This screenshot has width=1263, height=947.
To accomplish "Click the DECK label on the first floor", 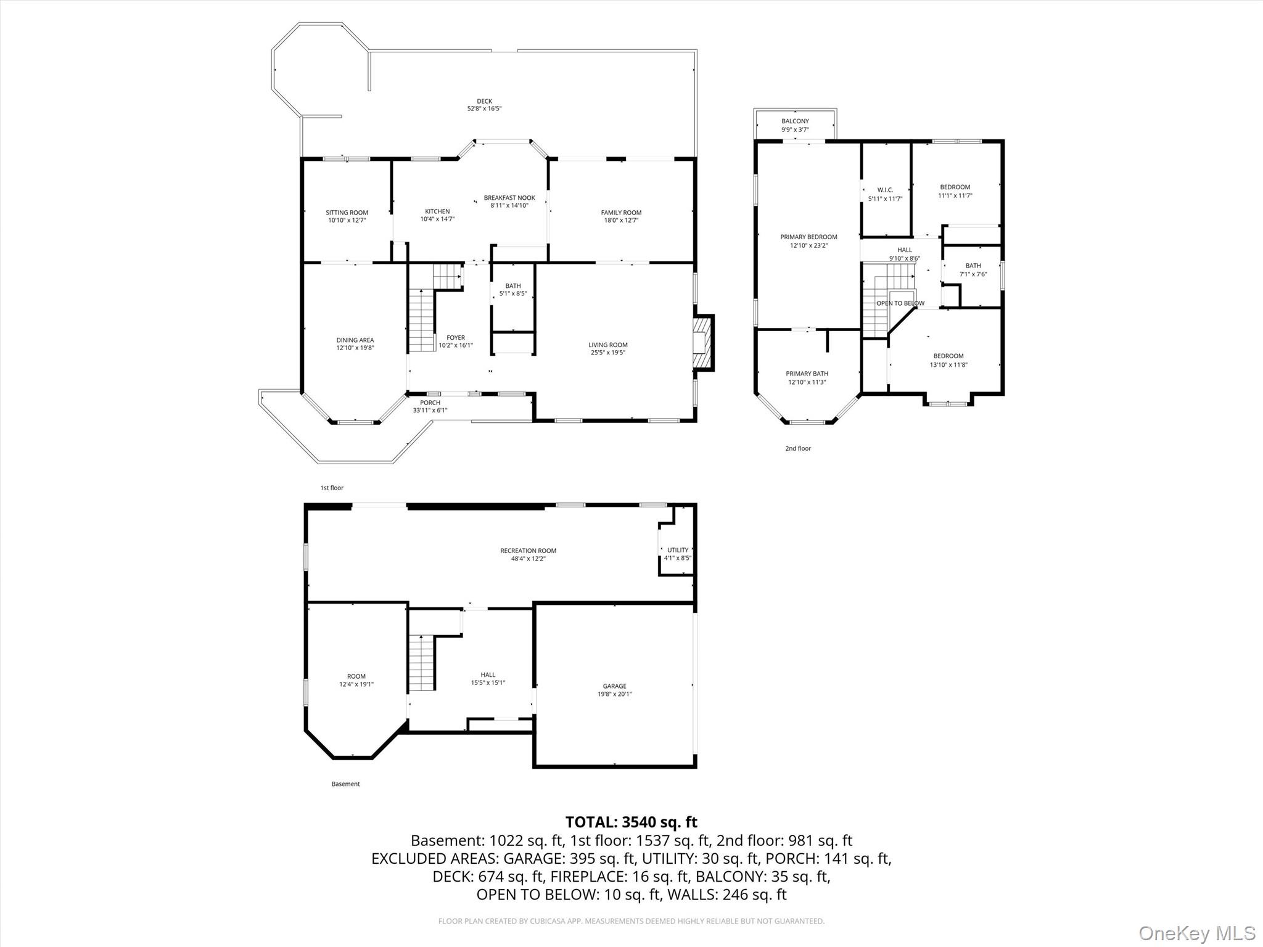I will click(484, 102).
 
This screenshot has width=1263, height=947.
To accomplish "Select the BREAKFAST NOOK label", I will click(509, 198).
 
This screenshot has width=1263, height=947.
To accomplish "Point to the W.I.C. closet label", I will click(885, 190).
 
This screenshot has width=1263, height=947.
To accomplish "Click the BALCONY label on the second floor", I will click(795, 121).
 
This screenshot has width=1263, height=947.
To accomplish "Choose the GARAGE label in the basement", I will click(614, 686).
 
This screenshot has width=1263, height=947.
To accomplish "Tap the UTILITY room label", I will click(677, 550).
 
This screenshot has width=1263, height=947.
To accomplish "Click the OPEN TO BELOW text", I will click(900, 303).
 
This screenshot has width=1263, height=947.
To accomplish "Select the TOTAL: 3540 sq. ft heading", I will click(631, 822).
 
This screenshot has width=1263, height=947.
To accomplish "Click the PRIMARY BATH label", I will click(807, 374).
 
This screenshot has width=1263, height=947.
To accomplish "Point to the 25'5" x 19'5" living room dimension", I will click(607, 353).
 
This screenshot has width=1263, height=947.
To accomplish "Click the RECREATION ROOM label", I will click(528, 551).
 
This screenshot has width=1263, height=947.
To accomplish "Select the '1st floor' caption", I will click(332, 488).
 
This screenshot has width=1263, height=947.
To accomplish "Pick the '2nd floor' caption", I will click(798, 448).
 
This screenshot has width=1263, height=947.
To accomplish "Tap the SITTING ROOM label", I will click(347, 213).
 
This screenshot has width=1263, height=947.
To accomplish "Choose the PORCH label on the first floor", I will click(430, 403).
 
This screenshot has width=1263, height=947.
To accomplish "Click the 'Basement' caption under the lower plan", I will click(345, 784).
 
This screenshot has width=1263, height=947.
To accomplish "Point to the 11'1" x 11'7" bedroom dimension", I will click(955, 195).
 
